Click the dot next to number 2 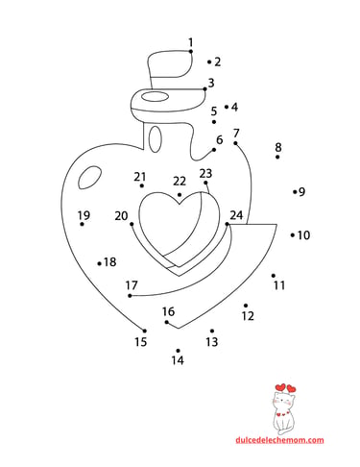(x=209, y=61)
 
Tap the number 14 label (x=178, y=360)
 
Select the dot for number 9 (x=295, y=192)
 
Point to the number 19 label (x=84, y=215)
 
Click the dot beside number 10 (x=293, y=235)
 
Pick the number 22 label (x=180, y=182)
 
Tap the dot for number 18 (x=100, y=263)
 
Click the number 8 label (x=278, y=147)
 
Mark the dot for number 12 (x=246, y=306)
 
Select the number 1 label (x=191, y=42)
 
